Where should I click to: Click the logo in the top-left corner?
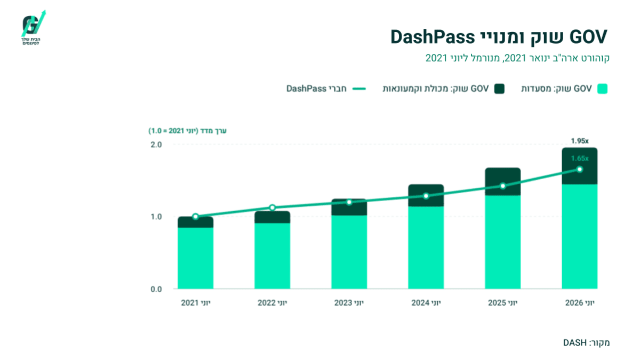click(33, 28)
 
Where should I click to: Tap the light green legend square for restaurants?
click(602, 89)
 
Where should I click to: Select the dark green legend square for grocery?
click(499, 89)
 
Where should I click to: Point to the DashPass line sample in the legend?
click(359, 89)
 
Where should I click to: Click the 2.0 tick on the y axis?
click(156, 145)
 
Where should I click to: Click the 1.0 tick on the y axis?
click(156, 217)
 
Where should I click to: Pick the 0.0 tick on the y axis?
click(156, 290)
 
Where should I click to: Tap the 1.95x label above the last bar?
click(580, 141)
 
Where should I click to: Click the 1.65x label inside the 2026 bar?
click(580, 158)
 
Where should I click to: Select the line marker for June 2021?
click(195, 217)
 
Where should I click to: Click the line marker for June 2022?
click(273, 207)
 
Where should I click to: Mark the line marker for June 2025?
click(503, 186)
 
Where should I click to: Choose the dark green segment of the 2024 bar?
click(426, 195)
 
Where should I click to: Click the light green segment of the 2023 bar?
click(349, 252)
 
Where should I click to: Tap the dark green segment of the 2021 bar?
click(195, 222)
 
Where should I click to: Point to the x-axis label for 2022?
click(273, 303)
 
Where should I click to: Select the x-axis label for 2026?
click(580, 303)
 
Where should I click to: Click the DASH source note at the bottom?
click(586, 342)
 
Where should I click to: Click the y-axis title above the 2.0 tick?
click(187, 131)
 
